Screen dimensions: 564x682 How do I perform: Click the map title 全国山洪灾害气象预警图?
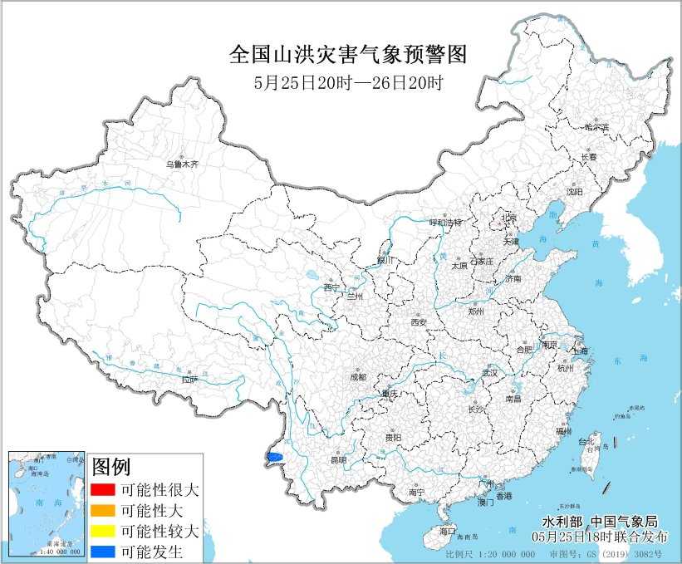pos(348,56)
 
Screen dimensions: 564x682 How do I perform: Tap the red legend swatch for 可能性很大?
pos(104,488)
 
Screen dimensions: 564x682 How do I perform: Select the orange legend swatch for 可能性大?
pos(104,509)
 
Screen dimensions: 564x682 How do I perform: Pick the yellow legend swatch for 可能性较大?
pos(104,530)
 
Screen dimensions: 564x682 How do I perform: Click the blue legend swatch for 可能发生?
pos(104,551)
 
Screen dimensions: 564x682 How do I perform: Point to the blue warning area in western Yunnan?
pos(275,456)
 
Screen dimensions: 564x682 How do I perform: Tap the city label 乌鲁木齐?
pos(182,164)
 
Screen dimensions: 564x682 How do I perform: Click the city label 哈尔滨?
pos(596,128)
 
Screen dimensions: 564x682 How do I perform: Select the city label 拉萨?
pos(190,380)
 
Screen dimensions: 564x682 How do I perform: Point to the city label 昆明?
pos(338,459)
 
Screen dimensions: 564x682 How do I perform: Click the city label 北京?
pos(509,218)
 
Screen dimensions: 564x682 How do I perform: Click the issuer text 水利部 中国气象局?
pos(599,521)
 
